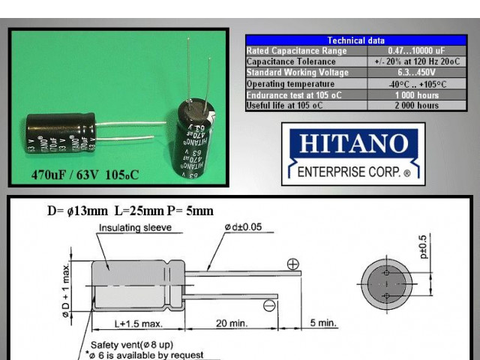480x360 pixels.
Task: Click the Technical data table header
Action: click(356, 40)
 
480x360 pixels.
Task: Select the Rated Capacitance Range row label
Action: click(297, 51)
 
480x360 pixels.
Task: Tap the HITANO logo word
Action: click(352, 144)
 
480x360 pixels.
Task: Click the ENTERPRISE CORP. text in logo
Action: click(352, 172)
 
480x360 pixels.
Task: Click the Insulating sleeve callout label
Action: click(135, 227)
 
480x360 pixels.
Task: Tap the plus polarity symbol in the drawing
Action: click(293, 263)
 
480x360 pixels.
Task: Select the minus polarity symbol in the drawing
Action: click(269, 304)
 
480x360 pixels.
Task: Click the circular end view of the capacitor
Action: click(386, 284)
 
